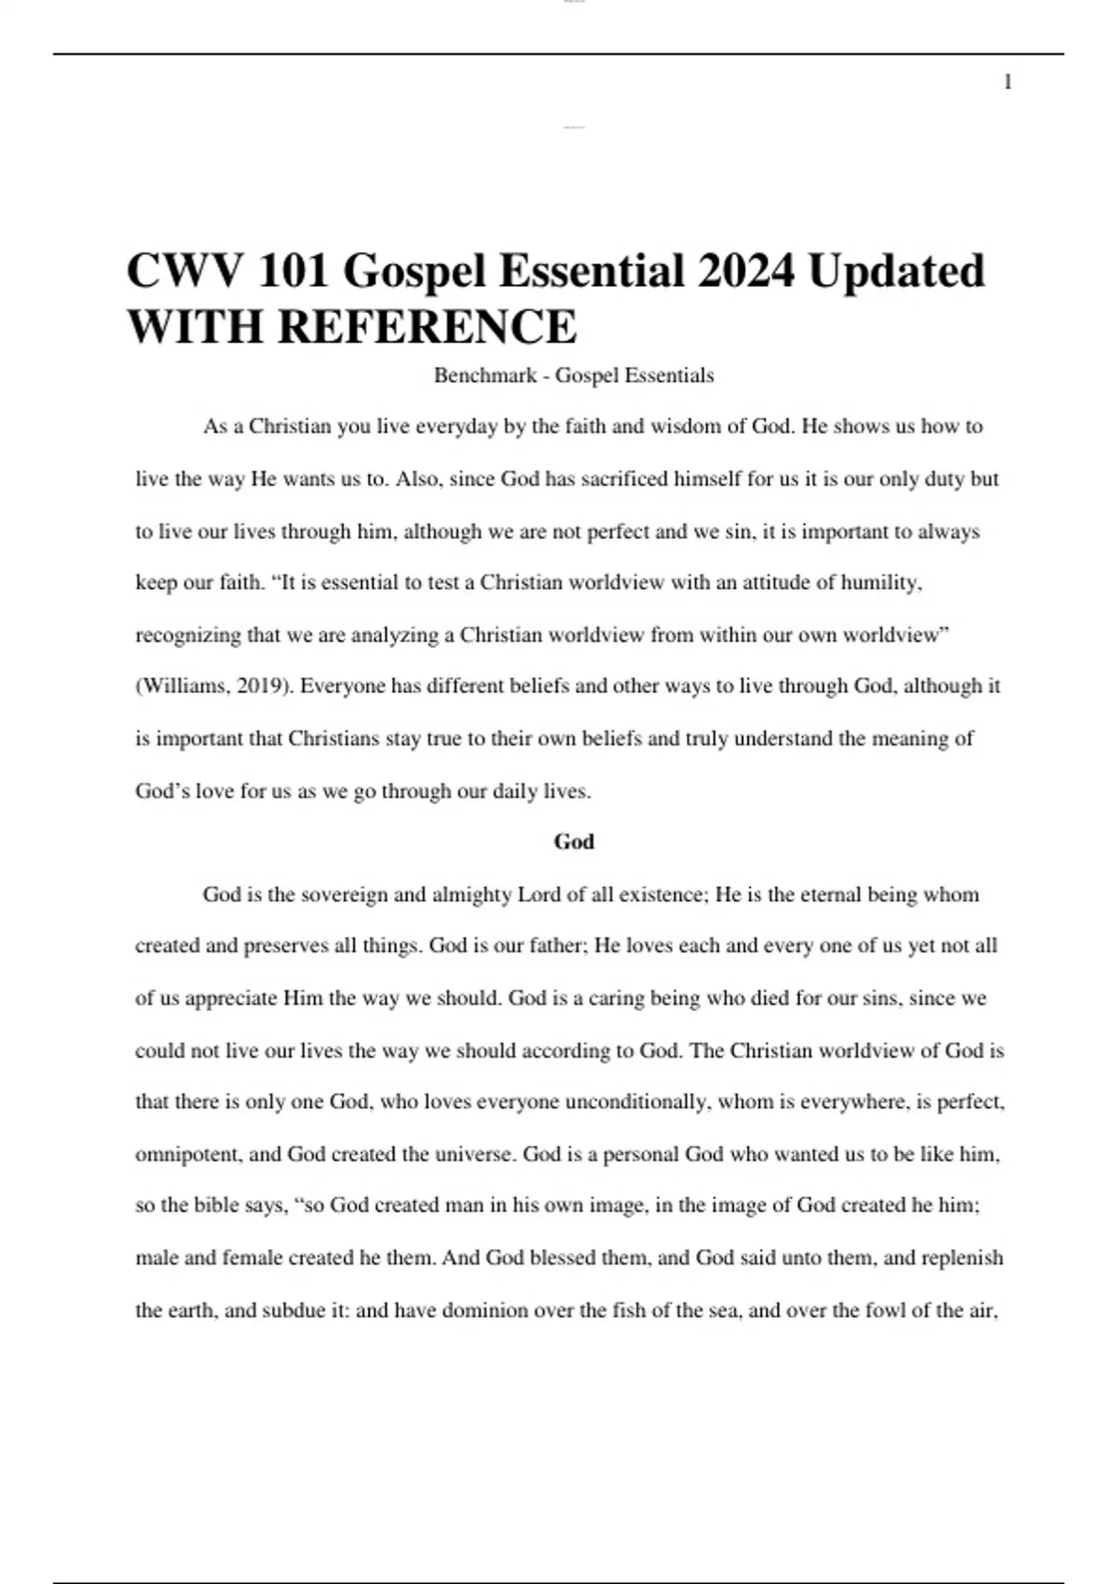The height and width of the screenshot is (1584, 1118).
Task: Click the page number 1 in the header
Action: [1007, 83]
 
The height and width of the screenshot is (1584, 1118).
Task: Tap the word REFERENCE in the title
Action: [427, 326]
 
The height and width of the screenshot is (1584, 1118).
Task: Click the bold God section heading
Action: [574, 841]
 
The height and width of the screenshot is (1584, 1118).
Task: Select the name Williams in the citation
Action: [184, 687]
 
